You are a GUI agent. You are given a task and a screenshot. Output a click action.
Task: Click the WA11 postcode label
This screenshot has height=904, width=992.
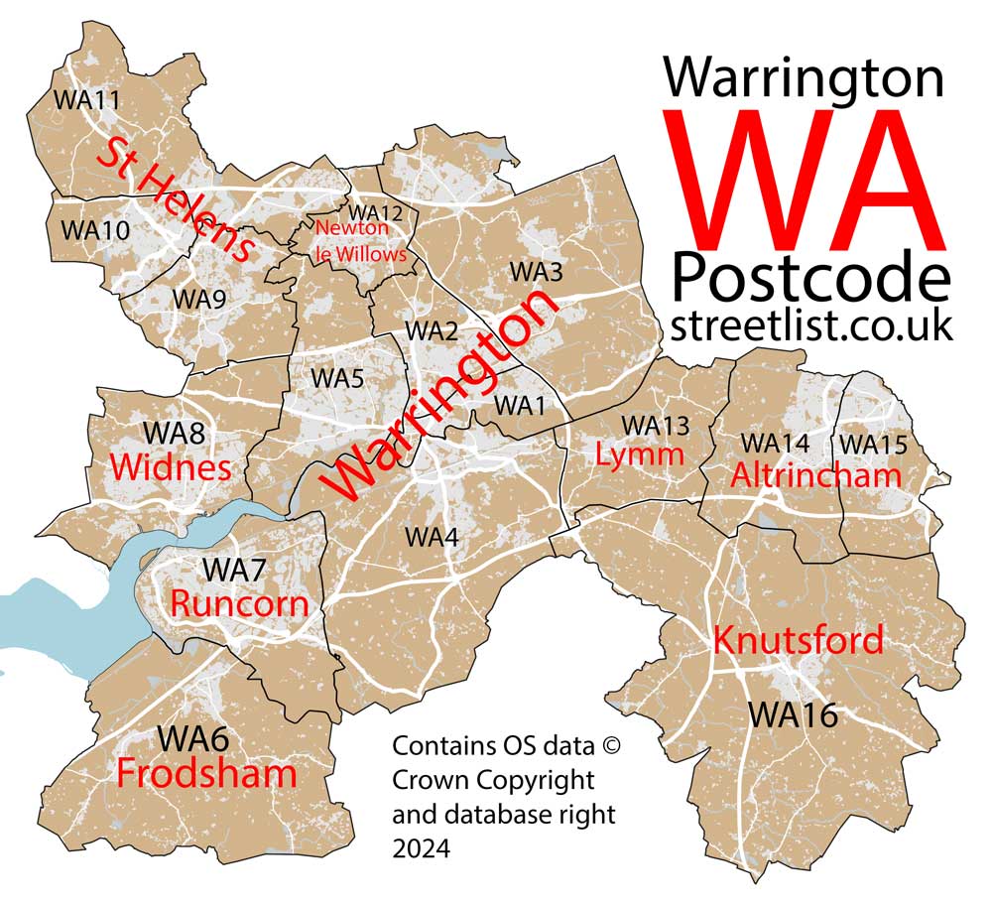pos(86,100)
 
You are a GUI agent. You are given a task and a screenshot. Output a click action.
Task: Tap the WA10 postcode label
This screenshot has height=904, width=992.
pos(94,230)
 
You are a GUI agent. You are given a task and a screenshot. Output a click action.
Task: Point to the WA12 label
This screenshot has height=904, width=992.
pos(376,213)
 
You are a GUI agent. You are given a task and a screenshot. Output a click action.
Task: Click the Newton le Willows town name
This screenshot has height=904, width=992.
pos(360,241)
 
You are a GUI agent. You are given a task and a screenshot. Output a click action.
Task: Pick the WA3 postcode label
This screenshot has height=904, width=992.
pos(536,270)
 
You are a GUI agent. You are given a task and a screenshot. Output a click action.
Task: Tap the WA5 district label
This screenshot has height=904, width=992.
pos(337,378)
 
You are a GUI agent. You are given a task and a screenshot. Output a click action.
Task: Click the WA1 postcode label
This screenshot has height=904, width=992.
pos(520,405)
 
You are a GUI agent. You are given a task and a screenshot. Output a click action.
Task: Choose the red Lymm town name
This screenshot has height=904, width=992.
pos(640,455)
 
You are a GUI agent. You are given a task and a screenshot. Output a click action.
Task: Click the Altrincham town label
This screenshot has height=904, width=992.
pos(815,475)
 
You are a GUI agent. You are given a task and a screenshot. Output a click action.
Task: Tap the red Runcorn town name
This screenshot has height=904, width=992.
pos(239,602)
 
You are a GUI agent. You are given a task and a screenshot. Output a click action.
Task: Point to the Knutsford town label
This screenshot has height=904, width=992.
pos(798,640)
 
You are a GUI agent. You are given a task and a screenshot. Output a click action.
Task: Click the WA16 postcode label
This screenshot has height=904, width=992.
pos(793,713)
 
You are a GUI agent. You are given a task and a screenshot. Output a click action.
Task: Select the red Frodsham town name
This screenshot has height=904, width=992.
pos(206,774)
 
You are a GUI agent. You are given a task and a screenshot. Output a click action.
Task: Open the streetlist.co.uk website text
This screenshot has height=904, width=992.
pos(810,324)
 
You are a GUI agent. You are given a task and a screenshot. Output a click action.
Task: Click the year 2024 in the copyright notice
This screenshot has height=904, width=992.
pos(421,848)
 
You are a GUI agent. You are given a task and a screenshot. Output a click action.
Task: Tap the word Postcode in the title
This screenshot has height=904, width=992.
pos(810,278)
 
